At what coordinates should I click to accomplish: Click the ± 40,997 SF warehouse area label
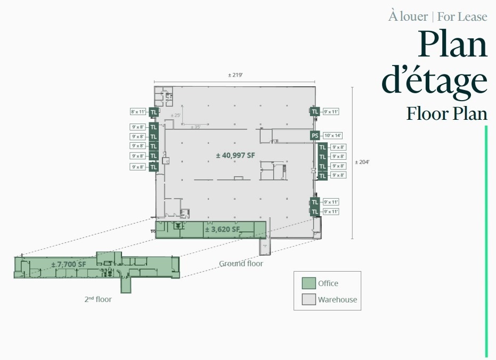(x=235, y=155)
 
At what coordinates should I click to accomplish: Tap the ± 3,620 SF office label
(x=222, y=230)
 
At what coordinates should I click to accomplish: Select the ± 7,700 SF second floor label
(x=69, y=264)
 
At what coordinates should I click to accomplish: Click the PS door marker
(x=315, y=136)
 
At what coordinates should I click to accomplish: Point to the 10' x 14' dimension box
(x=333, y=136)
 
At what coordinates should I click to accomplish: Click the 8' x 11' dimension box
(x=138, y=112)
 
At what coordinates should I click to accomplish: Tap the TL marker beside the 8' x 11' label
(x=153, y=112)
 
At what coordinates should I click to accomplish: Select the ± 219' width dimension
(x=235, y=75)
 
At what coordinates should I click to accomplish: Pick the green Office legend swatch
(x=309, y=283)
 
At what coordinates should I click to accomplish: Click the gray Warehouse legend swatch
(x=309, y=299)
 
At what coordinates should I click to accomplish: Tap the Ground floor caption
(x=241, y=264)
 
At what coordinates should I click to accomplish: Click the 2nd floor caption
(x=98, y=299)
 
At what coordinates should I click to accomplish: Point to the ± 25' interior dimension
(x=175, y=116)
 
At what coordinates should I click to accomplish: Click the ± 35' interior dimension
(x=195, y=127)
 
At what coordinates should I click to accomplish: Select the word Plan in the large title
(x=452, y=45)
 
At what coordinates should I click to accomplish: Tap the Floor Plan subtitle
(x=446, y=113)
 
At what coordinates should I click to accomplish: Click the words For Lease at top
(x=462, y=17)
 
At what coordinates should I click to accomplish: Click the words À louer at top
(x=408, y=17)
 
